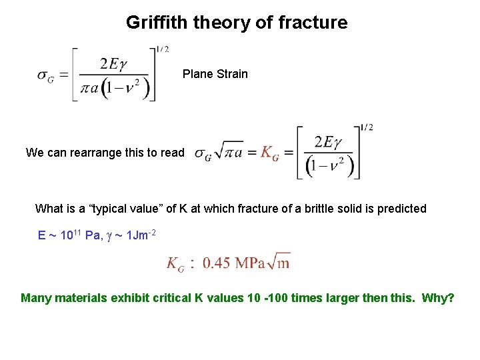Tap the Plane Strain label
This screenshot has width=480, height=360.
click(x=215, y=74)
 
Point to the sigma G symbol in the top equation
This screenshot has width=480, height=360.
click(x=46, y=75)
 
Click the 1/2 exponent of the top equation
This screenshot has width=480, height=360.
click(x=162, y=49)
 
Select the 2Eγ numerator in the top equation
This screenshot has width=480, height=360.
click(x=113, y=64)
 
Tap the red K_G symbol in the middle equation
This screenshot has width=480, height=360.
click(x=269, y=153)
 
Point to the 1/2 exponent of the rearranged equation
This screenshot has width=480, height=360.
click(x=367, y=127)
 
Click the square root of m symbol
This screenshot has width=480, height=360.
click(x=281, y=261)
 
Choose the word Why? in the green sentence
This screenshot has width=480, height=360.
click(x=438, y=297)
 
